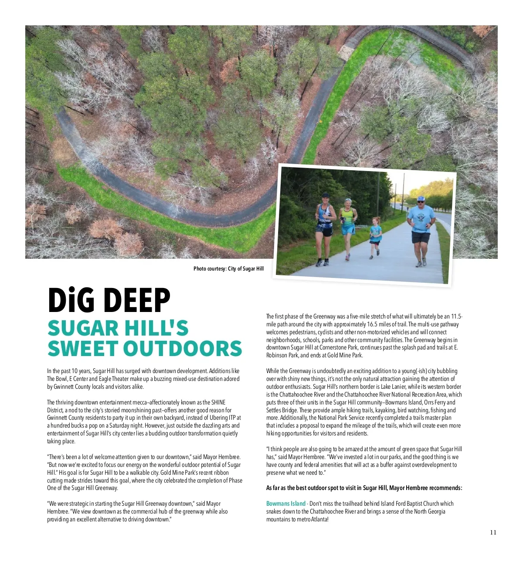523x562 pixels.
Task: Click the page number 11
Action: coord(493,532)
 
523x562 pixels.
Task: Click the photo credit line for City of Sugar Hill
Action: coord(228,269)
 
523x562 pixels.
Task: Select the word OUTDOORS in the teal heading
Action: coord(183,349)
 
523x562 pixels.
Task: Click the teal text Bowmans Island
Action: coord(285,504)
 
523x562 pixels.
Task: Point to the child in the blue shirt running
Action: coord(375,236)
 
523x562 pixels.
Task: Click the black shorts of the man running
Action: coord(421,238)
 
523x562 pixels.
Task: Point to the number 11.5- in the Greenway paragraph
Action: coord(457,316)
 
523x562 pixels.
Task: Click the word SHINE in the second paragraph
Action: coord(218,402)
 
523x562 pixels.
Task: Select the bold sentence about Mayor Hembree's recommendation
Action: coord(364,488)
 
